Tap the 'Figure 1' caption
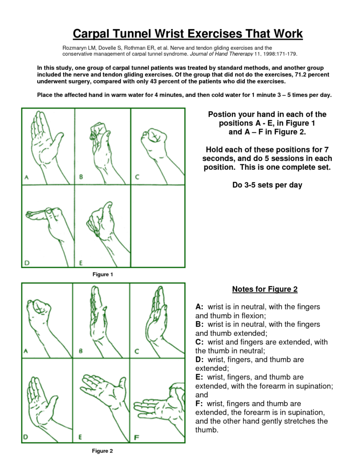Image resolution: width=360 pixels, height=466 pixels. click(102, 274)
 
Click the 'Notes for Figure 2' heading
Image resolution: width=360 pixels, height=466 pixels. click(264, 289)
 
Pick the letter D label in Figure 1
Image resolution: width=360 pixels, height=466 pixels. click(27, 262)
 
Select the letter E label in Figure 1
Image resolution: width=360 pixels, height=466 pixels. click(81, 263)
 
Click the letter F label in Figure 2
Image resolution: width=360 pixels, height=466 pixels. click(136, 437)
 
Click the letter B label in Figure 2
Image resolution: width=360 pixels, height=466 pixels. click(81, 351)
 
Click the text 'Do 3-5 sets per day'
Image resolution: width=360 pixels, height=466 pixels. click(264, 185)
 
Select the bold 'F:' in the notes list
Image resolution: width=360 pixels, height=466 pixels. click(199, 404)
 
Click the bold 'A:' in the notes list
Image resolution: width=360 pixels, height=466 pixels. click(200, 307)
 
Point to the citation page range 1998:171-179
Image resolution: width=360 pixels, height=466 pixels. click(277, 54)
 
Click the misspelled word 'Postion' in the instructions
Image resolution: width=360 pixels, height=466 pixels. click(222, 114)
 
